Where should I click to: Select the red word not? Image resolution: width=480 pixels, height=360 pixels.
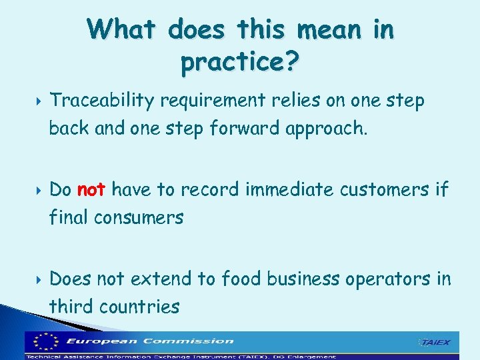tap(91, 190)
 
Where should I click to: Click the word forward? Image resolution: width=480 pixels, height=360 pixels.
tap(252, 128)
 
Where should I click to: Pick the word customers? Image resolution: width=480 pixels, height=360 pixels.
tap(385, 190)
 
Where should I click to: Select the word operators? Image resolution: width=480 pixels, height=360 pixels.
tap(388, 279)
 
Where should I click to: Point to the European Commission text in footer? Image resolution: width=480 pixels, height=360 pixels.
tap(150, 341)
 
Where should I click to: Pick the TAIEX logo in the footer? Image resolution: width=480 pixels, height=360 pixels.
tap(434, 343)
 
